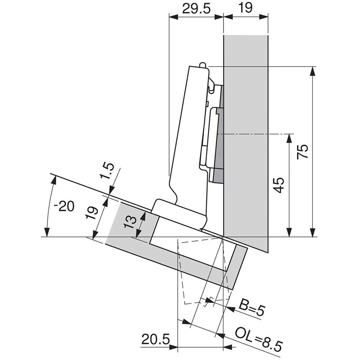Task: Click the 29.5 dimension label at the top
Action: click(x=196, y=9)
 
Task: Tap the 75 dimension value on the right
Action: click(x=302, y=152)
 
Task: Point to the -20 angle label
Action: click(x=64, y=206)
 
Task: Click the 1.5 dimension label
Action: click(x=107, y=171)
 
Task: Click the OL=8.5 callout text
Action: click(x=258, y=339)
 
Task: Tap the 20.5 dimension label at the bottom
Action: click(x=156, y=339)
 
